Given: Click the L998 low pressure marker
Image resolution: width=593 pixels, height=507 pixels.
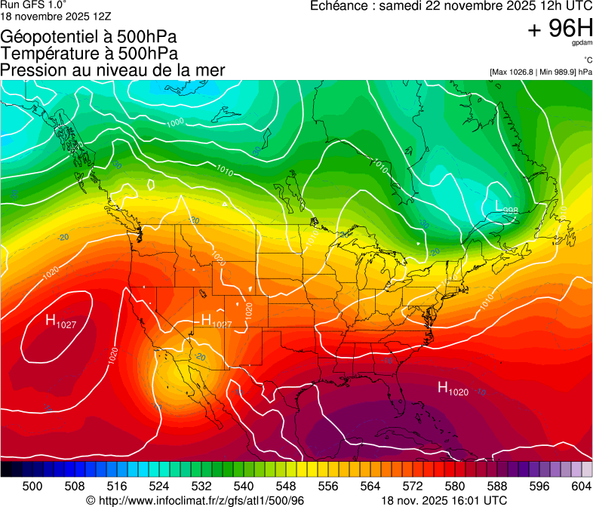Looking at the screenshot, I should [x=506, y=206].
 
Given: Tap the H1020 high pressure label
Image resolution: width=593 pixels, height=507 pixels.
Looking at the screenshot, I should [x=453, y=389].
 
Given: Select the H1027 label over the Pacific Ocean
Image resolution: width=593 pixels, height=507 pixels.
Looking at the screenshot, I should [x=60, y=321].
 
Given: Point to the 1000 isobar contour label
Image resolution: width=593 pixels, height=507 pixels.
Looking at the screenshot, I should [x=175, y=122].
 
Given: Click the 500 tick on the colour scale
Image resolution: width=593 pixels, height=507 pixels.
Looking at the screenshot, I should [x=32, y=487].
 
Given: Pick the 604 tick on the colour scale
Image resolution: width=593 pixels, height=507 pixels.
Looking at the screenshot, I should [x=582, y=487].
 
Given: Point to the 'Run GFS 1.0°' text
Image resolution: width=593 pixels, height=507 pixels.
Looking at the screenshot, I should [x=27, y=5].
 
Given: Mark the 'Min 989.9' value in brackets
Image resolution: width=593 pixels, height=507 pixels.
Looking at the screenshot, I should [x=555, y=72].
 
